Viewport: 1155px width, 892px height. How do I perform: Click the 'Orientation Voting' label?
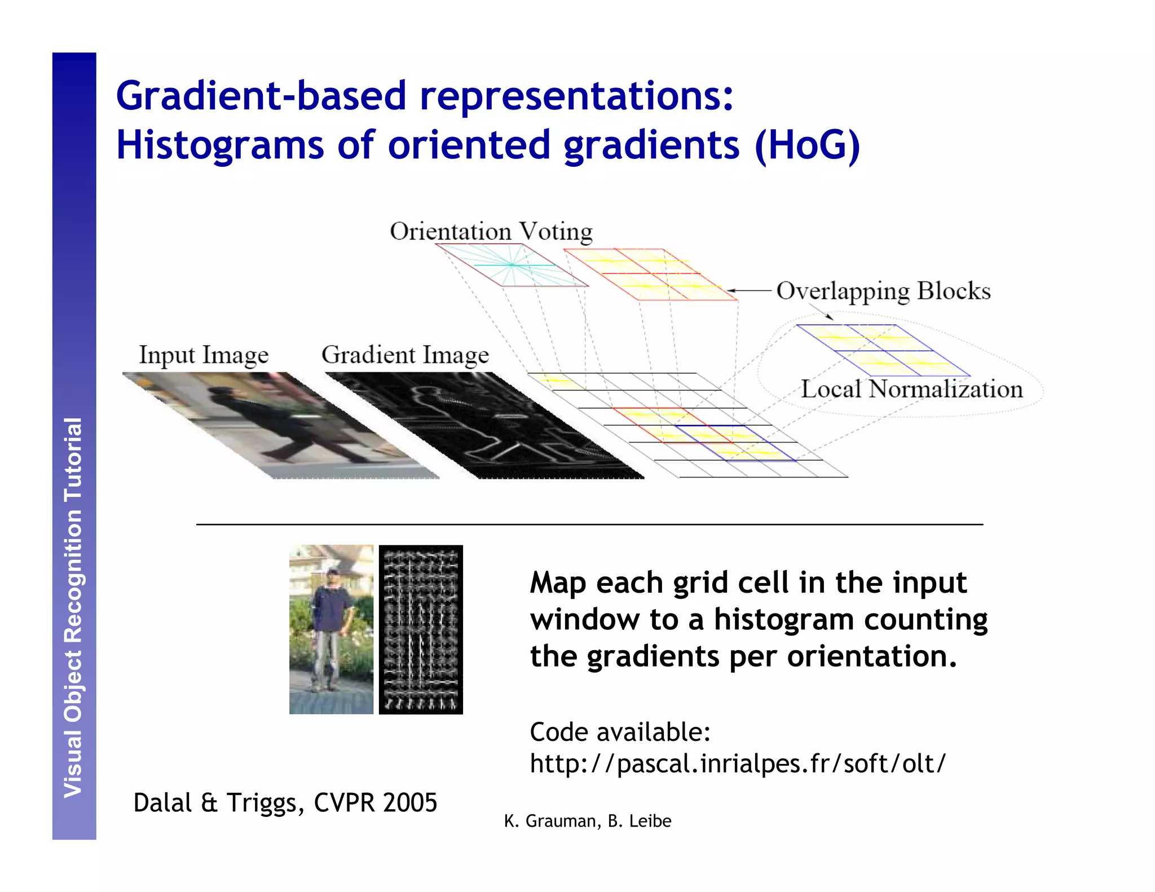[491, 232]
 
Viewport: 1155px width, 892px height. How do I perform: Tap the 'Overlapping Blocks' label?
[883, 291]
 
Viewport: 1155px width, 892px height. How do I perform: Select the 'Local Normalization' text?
[911, 389]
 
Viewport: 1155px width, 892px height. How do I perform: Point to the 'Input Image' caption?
[204, 355]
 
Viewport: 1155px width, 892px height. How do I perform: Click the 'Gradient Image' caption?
[405, 355]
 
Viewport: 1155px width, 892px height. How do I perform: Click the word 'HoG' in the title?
[807, 145]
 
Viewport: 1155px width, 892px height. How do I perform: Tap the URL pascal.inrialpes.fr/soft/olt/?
[738, 763]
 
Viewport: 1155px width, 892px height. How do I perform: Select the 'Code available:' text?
[620, 732]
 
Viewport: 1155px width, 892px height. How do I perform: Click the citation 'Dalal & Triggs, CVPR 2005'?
[285, 802]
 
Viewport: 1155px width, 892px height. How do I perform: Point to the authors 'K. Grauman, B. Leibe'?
[587, 821]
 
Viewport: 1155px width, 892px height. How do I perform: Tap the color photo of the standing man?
[331, 629]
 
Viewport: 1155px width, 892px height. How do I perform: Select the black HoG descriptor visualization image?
[421, 629]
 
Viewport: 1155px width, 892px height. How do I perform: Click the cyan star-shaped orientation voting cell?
[512, 264]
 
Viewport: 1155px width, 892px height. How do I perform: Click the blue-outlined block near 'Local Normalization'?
[883, 350]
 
